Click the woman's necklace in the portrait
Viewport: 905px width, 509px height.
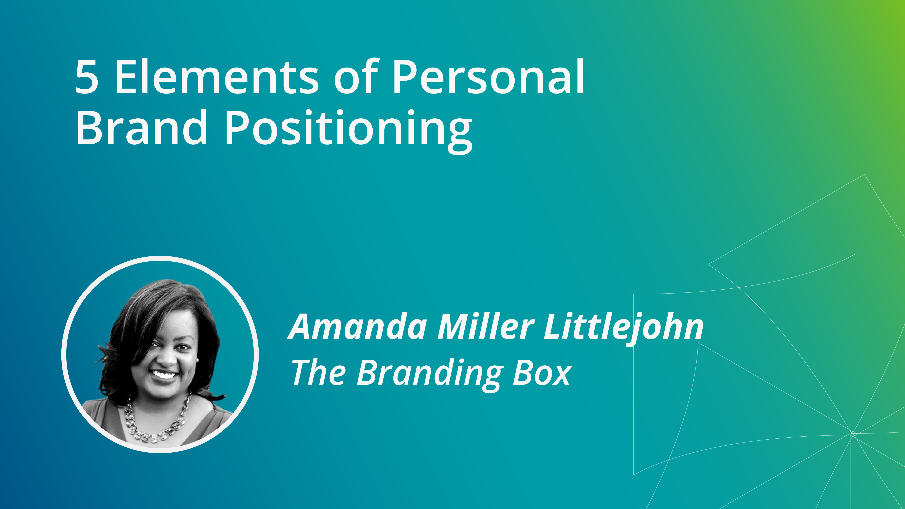click(x=158, y=423)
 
